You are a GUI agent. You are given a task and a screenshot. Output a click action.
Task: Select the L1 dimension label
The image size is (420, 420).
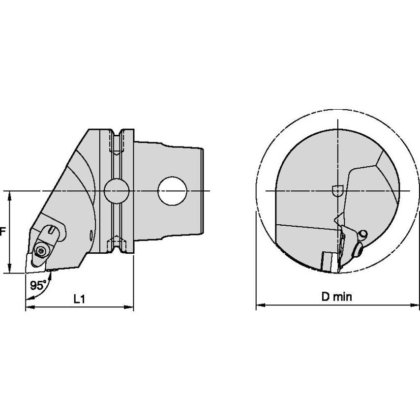79,299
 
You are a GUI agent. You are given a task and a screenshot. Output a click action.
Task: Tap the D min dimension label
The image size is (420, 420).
337,297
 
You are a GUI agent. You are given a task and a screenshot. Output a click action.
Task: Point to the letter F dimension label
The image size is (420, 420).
2,232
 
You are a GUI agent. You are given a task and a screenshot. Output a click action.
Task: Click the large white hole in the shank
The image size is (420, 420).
172,191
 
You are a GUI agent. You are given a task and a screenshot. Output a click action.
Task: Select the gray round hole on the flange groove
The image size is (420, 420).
117,191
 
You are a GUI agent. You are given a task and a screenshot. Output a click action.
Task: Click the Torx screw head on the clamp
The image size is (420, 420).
41,251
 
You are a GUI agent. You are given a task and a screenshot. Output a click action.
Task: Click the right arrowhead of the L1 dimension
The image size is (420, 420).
129,307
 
